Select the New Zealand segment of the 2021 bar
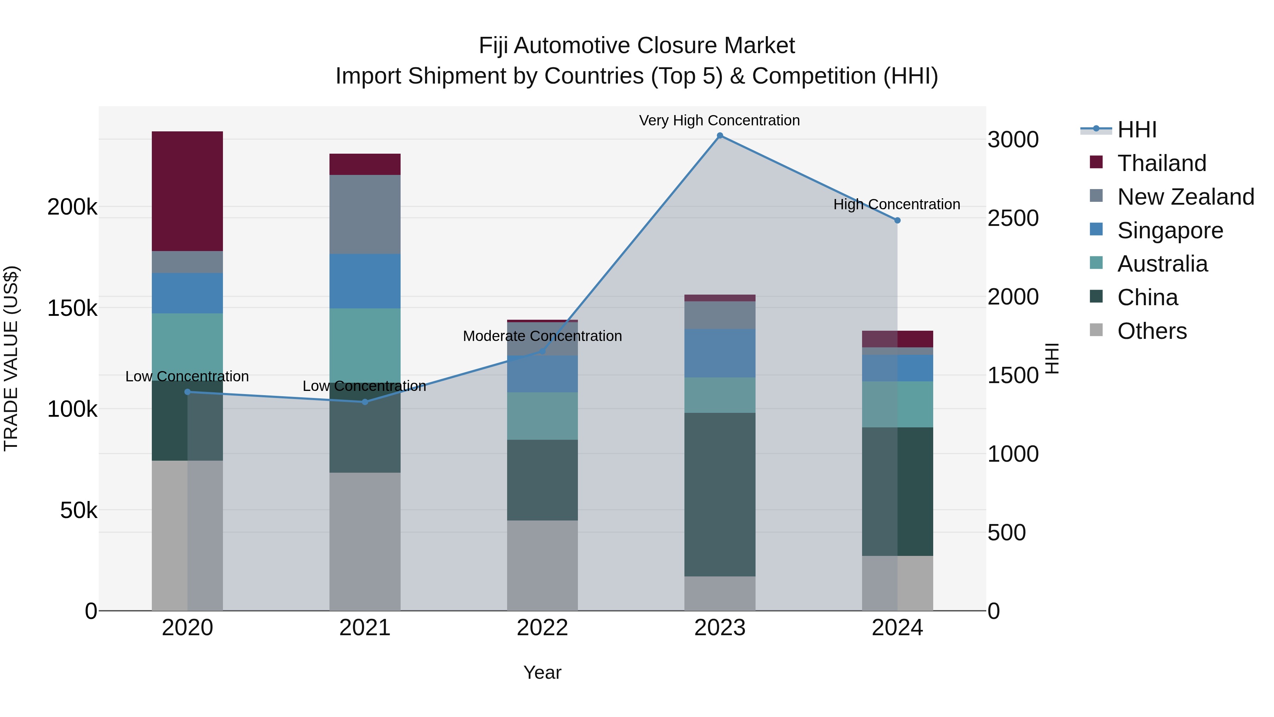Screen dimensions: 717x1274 365,214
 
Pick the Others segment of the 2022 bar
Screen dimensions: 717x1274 542,565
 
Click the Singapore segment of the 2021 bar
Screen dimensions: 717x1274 365,281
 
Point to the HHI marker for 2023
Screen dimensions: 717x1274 719,136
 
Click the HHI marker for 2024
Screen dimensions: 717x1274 897,220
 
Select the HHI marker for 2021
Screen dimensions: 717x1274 365,402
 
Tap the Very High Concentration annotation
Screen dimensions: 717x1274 719,120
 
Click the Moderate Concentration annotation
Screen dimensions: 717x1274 542,336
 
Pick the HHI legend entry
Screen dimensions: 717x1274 1136,130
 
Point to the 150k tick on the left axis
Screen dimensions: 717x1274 72,308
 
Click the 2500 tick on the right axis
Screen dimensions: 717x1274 1013,218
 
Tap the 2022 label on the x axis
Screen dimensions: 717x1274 542,628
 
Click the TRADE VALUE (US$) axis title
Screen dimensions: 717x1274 11,358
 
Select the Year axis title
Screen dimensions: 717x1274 542,672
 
